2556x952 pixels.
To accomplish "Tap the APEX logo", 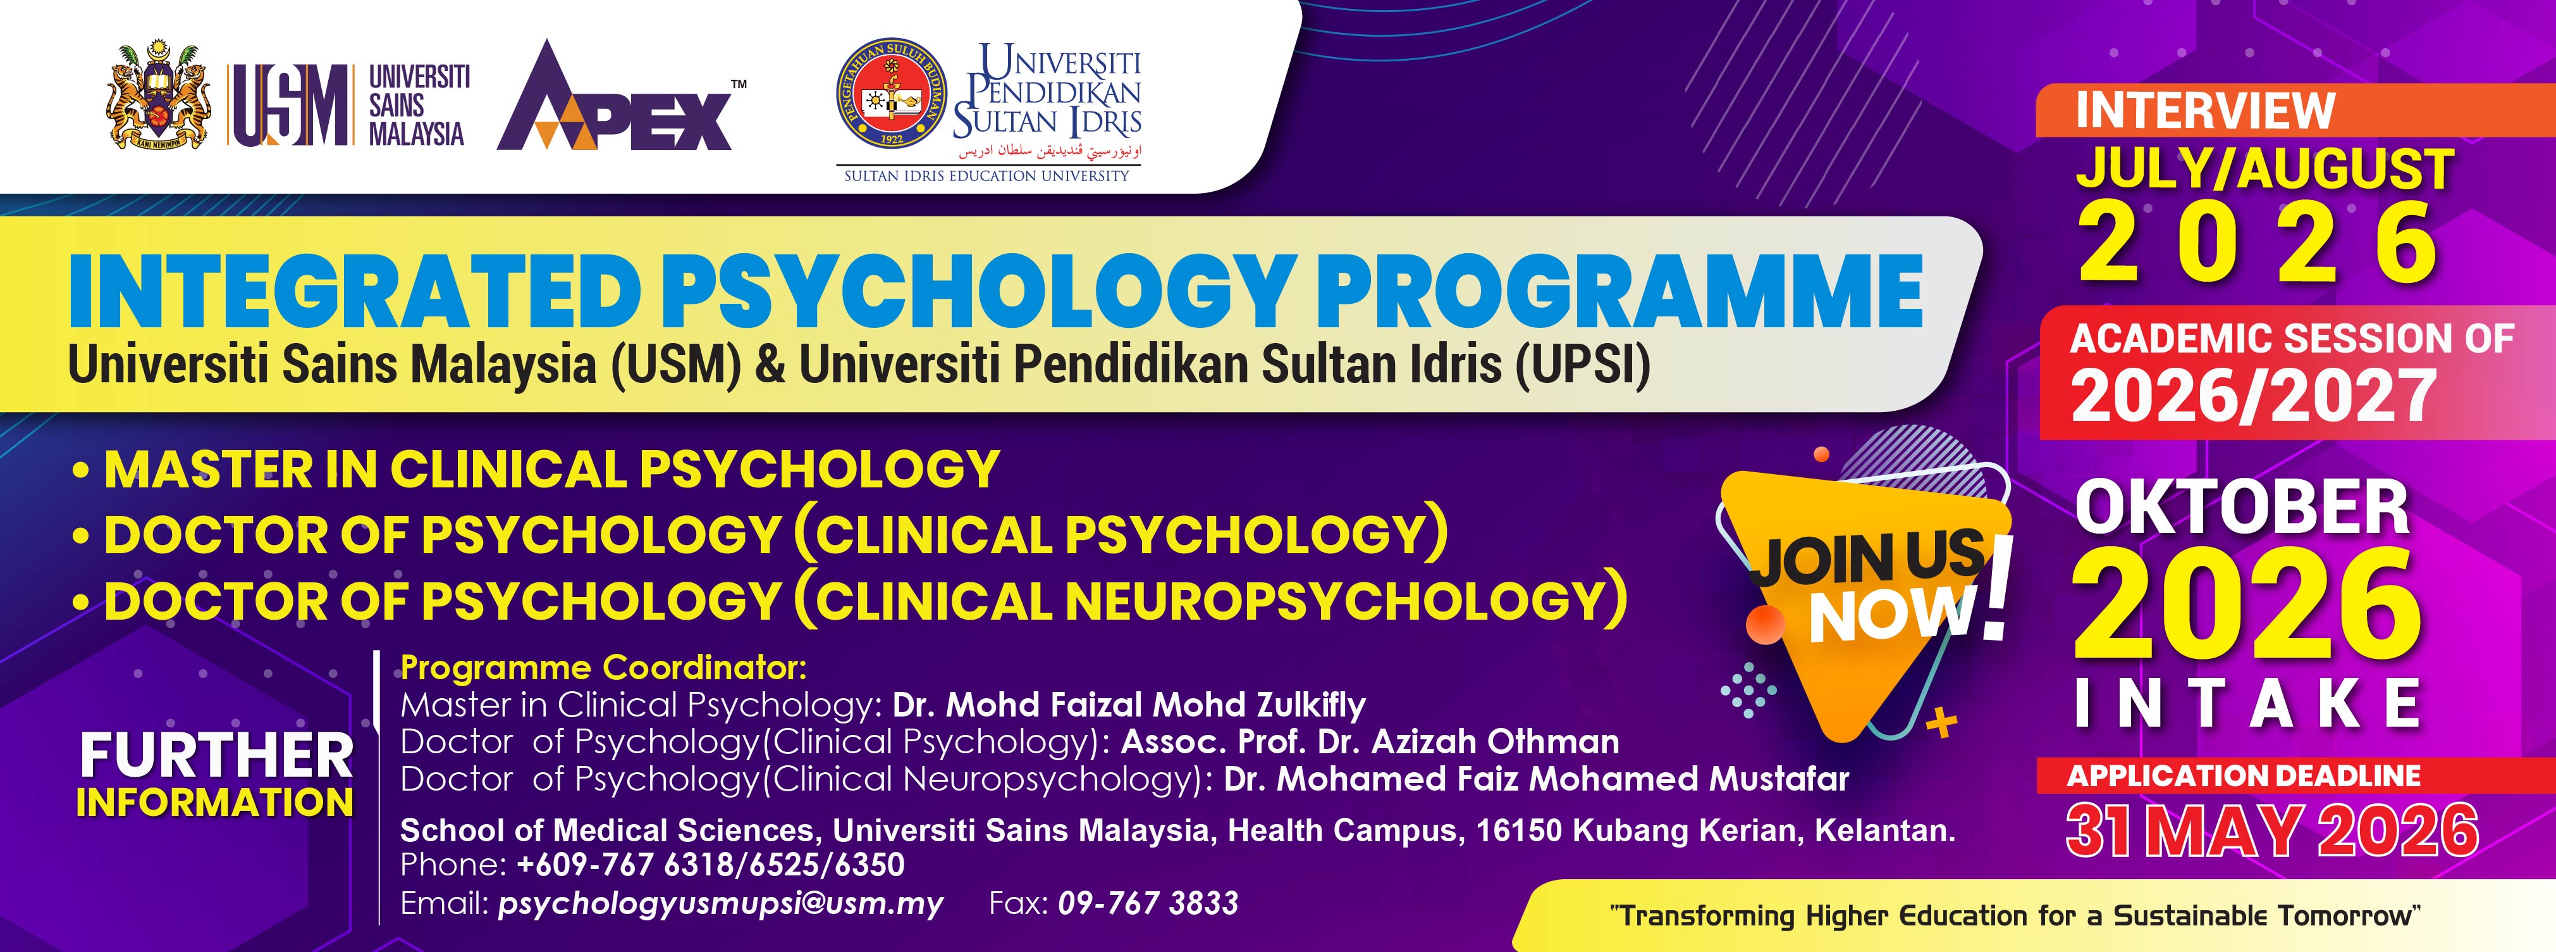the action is pos(621,96).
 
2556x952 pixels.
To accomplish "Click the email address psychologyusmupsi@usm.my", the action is pos(722,903).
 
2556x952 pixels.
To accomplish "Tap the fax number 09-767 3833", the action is pos(1148,903).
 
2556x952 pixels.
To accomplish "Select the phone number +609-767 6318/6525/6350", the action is pos(710,865).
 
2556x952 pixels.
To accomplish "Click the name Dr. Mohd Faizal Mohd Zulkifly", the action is pos(1129,705).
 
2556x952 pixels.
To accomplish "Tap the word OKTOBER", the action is pos(2242,508).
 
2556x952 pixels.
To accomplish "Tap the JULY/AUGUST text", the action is pos(2265,169).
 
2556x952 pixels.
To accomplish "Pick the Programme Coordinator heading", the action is pos(603,668).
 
